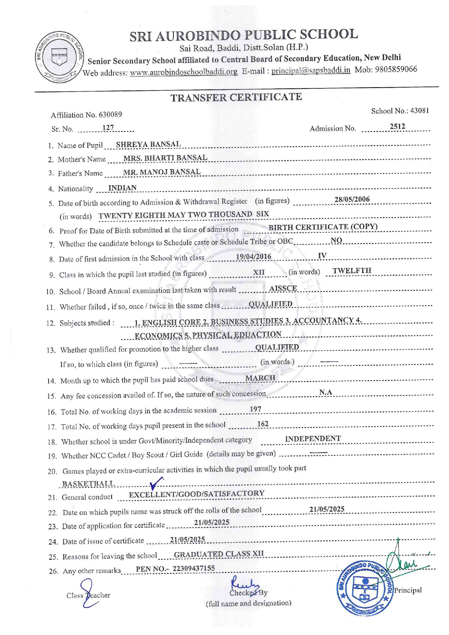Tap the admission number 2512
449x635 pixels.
tap(397, 127)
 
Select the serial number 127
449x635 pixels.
tap(108, 128)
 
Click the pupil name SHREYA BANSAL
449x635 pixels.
tap(148, 144)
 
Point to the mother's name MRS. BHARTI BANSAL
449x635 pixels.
tap(165, 158)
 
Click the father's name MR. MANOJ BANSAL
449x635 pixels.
tap(161, 172)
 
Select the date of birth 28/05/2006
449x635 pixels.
tap(352, 199)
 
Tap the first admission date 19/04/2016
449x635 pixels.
tap(253, 257)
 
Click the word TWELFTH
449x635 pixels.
tap(352, 271)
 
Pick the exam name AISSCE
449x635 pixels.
tap(283, 288)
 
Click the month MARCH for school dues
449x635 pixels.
tap(260, 378)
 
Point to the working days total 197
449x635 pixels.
tap(255, 409)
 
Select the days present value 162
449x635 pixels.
tap(263, 424)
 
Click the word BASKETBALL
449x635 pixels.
tap(88, 484)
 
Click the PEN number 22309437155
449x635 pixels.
tap(193, 568)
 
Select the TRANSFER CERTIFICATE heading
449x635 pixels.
tap(236, 97)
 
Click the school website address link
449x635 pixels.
tap(184, 72)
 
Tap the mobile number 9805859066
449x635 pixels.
tap(396, 69)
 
